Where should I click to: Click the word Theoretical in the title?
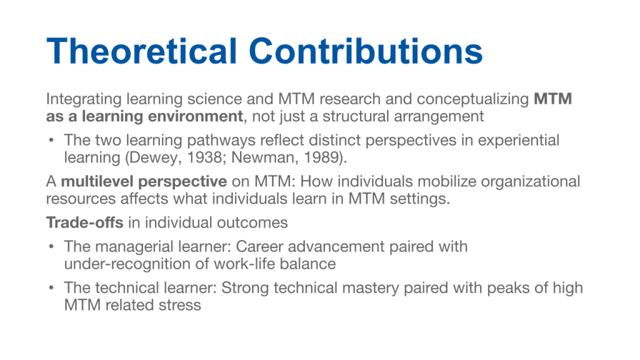point(142,51)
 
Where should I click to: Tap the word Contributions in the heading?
point(366,51)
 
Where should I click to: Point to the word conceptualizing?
point(473,99)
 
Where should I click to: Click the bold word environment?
point(196,116)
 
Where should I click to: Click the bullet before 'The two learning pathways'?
point(51,140)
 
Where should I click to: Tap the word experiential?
point(518,141)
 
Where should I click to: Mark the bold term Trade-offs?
point(84,223)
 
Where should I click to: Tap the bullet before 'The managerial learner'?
point(51,246)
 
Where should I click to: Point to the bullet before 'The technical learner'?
point(51,287)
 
